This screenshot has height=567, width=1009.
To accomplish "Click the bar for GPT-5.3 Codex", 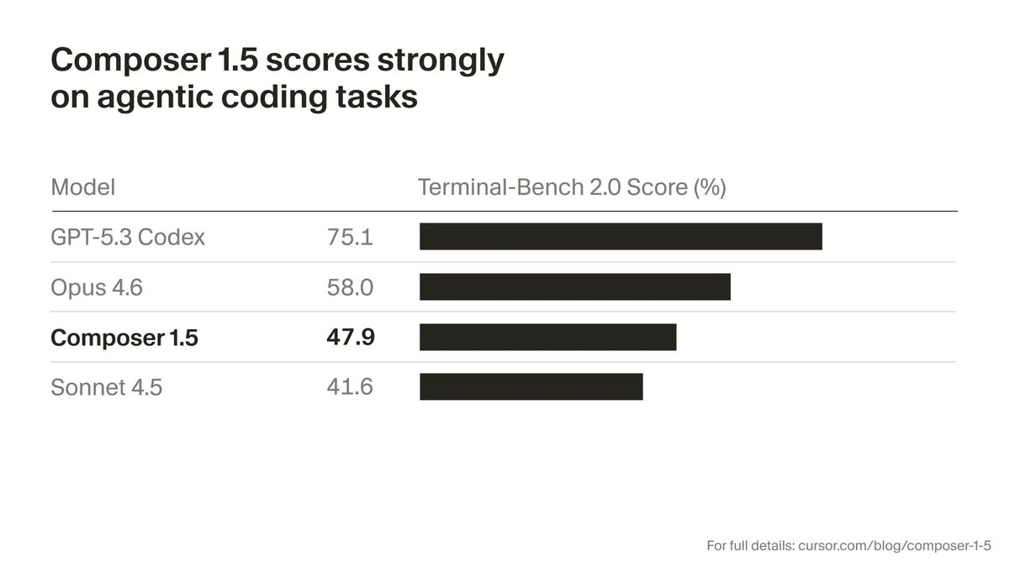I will [x=621, y=237].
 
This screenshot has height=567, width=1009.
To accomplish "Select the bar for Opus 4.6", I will [x=575, y=287].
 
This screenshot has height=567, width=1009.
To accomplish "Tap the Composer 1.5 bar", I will [x=548, y=337].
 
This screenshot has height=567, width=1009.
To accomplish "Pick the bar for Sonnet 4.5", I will [x=531, y=387].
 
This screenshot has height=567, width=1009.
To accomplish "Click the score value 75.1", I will [x=350, y=238].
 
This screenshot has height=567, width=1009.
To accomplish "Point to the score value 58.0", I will [x=350, y=288].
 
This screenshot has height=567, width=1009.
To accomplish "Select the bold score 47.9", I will [x=350, y=338].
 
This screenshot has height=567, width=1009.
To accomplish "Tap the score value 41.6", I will [x=350, y=387].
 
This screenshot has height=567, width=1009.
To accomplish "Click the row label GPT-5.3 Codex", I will [x=128, y=238].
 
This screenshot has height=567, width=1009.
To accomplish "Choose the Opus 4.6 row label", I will [x=97, y=288].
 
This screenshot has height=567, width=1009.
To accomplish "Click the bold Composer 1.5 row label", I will [x=124, y=338].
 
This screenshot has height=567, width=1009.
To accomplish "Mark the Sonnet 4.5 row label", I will [x=107, y=387].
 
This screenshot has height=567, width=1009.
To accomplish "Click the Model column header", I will [x=83, y=187].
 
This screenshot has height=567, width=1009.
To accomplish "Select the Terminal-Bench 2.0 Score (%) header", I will [x=572, y=187].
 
